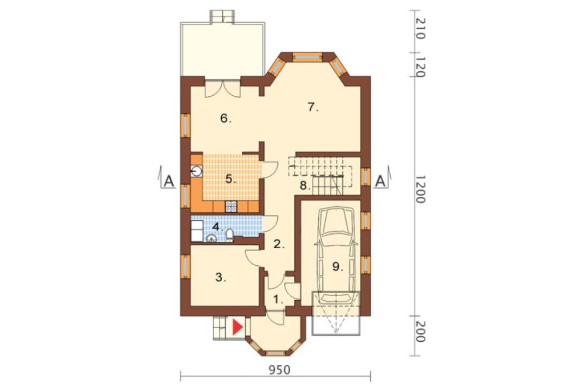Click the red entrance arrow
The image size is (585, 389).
(x=238, y=328)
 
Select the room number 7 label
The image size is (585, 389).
(x=312, y=107)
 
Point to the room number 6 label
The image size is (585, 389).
(x=226, y=119)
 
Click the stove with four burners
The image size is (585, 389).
(x=231, y=206)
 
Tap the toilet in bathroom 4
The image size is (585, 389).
(x=230, y=235)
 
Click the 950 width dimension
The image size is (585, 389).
(x=280, y=369)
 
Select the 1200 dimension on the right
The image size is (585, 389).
(x=419, y=189)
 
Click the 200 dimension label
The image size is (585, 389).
(x=419, y=332)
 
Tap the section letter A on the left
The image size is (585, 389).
(x=169, y=181)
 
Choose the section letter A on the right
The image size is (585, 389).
(x=380, y=181)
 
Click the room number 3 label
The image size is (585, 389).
(x=221, y=277)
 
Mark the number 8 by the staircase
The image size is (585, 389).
(x=305, y=185)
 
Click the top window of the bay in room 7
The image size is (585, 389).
(x=307, y=56)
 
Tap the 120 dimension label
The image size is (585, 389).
(x=419, y=67)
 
